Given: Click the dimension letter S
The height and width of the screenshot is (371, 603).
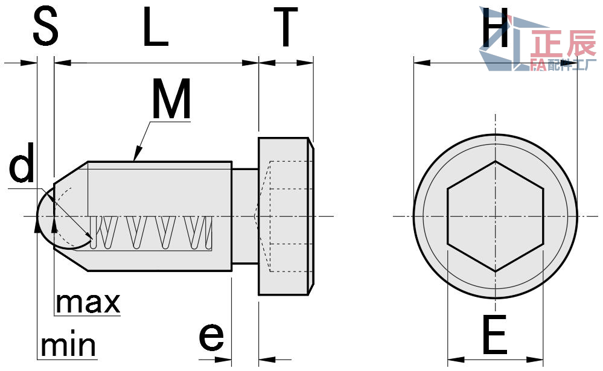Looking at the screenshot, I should (x=45, y=27).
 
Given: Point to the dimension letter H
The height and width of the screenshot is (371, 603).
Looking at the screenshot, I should (x=496, y=30).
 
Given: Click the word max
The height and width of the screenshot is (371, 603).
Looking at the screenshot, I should (x=88, y=302).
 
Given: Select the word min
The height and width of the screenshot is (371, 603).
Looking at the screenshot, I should (x=68, y=346).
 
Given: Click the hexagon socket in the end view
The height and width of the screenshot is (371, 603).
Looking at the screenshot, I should (x=495, y=216).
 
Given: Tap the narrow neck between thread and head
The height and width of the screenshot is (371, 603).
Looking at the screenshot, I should (x=245, y=216).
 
